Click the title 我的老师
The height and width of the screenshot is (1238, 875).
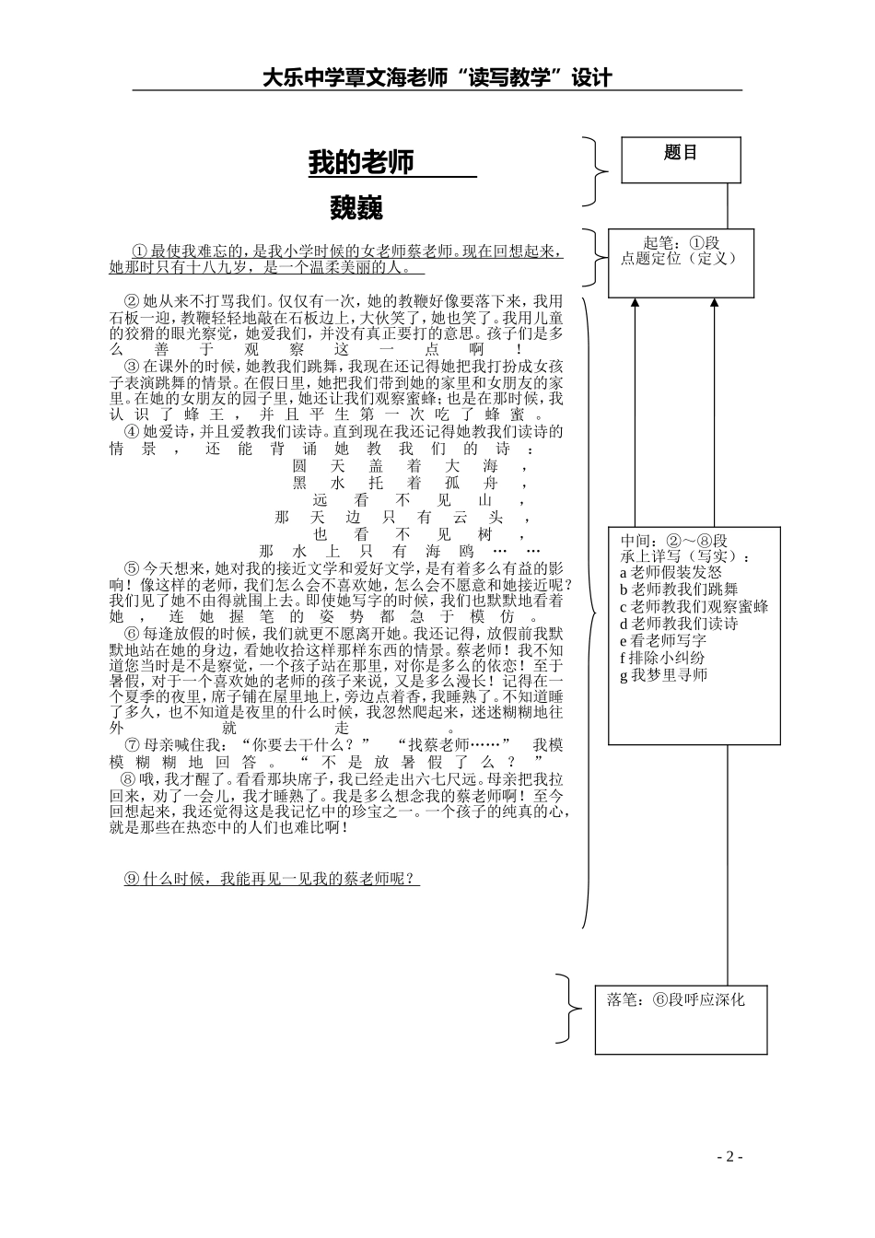point(360,163)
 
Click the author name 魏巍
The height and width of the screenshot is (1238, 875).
point(356,207)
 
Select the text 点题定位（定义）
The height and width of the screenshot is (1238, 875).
point(679,259)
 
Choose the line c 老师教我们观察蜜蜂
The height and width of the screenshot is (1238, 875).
point(694,606)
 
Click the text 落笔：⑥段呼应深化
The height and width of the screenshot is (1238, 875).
point(675,999)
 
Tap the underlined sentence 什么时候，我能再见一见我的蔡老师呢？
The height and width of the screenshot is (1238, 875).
point(272,879)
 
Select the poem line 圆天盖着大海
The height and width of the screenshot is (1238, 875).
point(409,466)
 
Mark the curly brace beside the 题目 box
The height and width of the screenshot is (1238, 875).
point(599,171)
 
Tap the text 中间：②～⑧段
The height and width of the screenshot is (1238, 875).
point(673,540)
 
